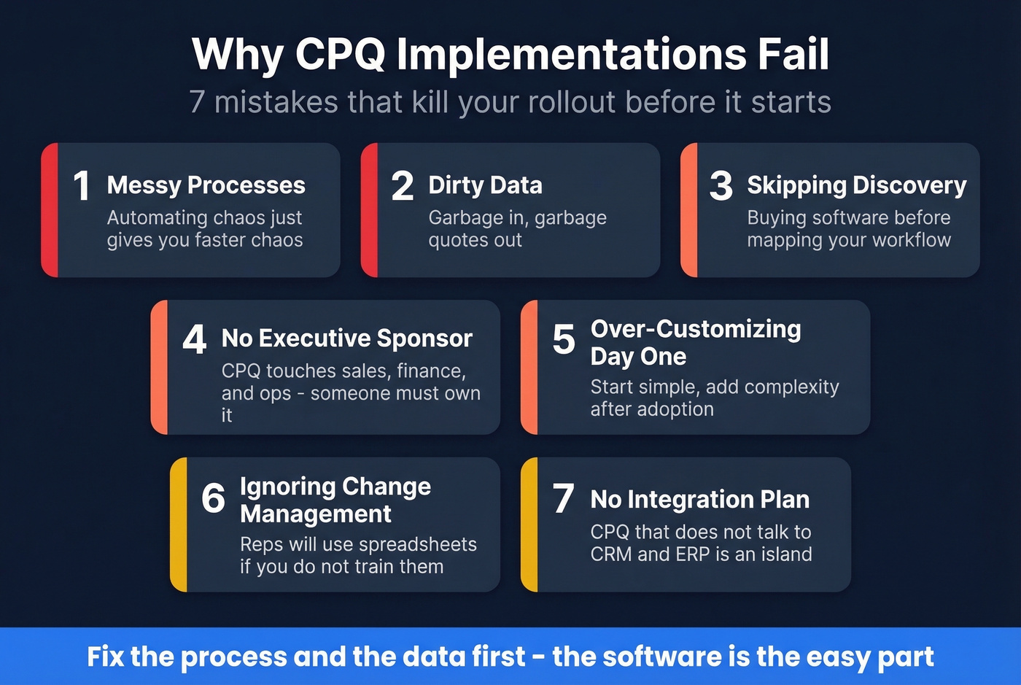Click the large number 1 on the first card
click(x=81, y=185)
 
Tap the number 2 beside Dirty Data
click(x=402, y=185)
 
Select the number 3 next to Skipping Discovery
click(x=721, y=185)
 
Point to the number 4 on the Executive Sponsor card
click(x=194, y=338)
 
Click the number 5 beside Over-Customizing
click(x=563, y=338)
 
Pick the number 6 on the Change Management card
click(x=213, y=498)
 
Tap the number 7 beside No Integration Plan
click(x=563, y=498)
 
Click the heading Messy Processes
click(x=206, y=185)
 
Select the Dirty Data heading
click(x=485, y=185)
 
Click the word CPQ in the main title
click(x=340, y=54)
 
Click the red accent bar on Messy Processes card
click(x=50, y=210)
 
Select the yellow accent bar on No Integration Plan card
click(x=529, y=525)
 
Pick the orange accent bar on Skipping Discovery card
click(x=689, y=210)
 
